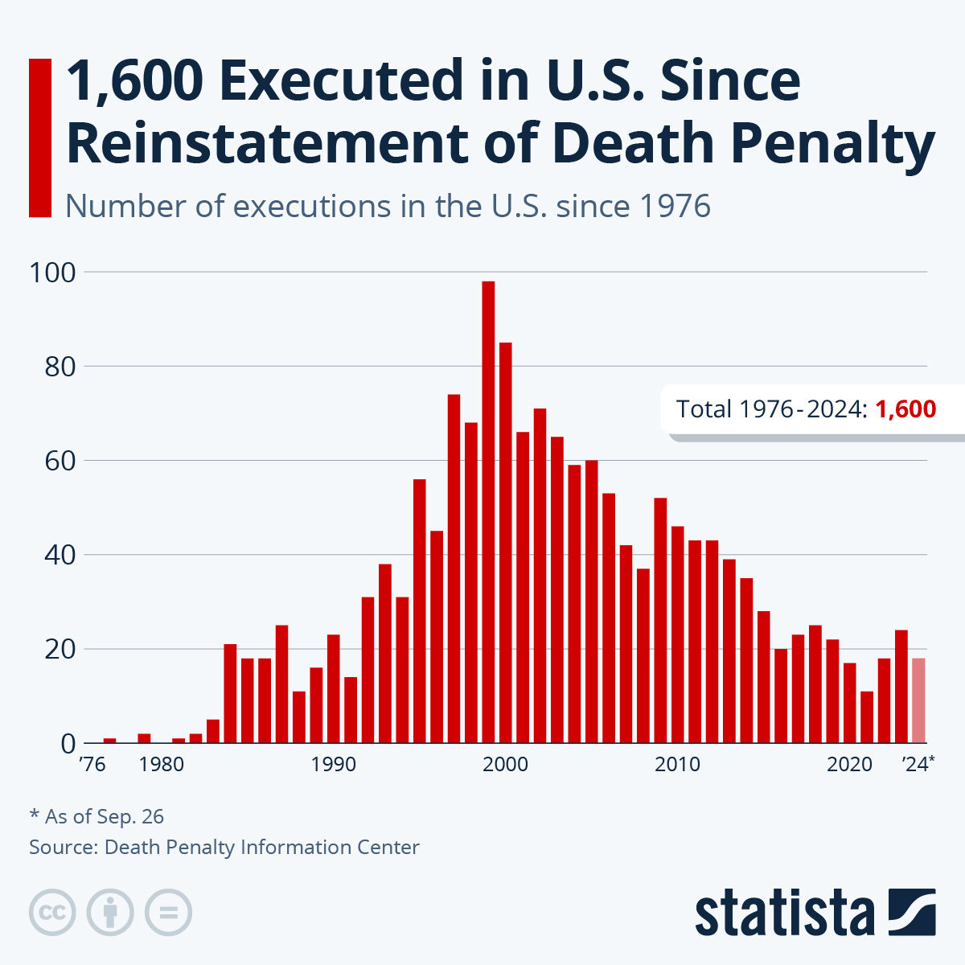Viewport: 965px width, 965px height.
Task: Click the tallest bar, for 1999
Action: pos(488,515)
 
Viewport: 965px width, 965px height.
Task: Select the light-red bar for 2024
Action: pos(918,700)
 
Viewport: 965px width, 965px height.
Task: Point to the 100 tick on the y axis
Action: pos(53,272)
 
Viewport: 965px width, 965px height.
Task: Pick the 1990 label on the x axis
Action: pos(333,764)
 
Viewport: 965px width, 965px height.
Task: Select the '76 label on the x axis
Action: pos(92,764)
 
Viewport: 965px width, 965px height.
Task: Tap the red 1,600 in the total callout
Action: pos(905,409)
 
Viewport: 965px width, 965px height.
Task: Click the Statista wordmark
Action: pos(784,913)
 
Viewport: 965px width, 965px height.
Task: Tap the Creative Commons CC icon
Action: pos(52,913)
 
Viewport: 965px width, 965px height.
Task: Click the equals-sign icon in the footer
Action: pos(168,913)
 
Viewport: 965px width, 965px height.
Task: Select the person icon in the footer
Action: pos(110,913)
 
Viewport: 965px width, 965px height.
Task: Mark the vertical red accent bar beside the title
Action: pos(39,138)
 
